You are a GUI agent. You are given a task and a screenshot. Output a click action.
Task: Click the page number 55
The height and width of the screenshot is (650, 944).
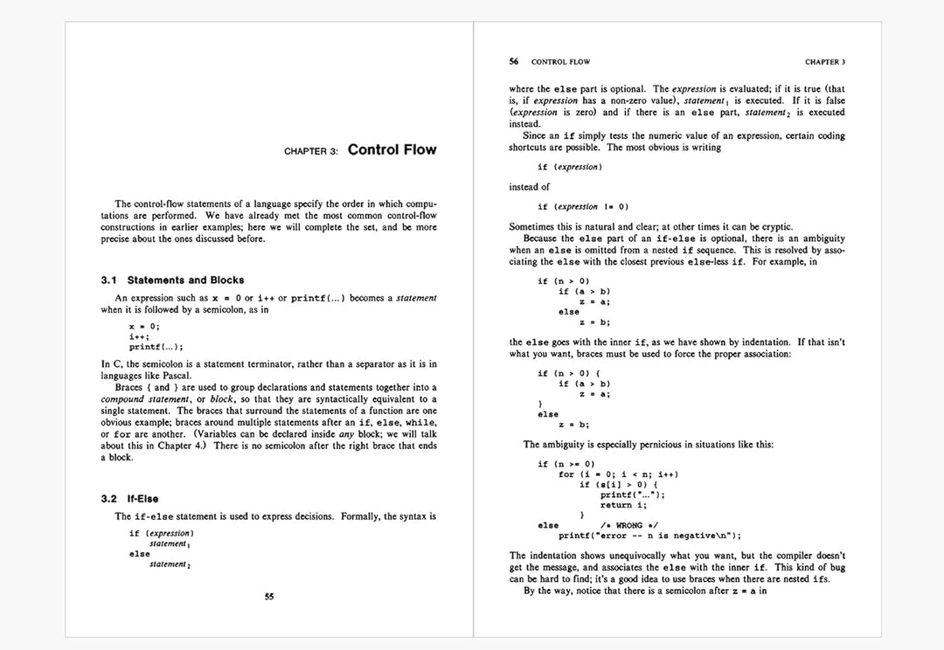click(269, 598)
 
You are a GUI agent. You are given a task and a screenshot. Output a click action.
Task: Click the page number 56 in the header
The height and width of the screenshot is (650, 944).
click(514, 62)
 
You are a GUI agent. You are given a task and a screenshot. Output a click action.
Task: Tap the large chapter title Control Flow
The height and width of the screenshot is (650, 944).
click(392, 149)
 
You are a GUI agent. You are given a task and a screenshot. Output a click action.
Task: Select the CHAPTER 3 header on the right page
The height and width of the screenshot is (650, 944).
click(824, 62)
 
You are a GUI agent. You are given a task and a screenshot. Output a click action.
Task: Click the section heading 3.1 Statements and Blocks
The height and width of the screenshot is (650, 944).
click(172, 280)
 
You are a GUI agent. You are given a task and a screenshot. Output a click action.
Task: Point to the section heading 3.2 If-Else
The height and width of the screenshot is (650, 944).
click(129, 499)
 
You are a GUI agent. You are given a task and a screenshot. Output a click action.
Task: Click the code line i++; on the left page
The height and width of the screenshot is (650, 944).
click(139, 336)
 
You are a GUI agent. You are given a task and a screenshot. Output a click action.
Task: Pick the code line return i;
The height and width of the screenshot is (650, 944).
click(623, 505)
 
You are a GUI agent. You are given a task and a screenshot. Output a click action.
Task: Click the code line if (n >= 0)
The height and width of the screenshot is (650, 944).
click(566, 464)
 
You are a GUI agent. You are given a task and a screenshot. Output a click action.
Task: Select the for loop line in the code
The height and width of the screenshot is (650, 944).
click(618, 474)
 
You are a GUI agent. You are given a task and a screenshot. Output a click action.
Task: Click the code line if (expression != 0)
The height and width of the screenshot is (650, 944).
click(583, 207)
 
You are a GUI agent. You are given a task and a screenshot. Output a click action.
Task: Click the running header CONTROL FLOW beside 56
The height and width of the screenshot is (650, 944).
click(560, 62)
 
